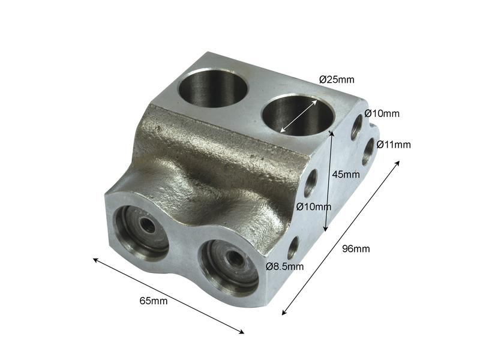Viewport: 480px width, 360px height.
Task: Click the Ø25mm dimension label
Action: pyautogui.click(x=337, y=79)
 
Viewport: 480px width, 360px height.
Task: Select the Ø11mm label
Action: pyautogui.click(x=394, y=144)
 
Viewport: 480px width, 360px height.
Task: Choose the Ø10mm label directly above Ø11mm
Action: pyautogui.click(x=382, y=113)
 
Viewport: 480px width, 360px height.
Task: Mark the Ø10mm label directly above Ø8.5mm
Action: pyautogui.click(x=314, y=207)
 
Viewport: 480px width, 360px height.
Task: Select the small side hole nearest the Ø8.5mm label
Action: pyautogui.click(x=293, y=247)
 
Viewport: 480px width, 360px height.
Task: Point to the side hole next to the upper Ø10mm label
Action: pyautogui.click(x=357, y=127)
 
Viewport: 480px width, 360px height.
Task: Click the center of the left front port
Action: pyautogui.click(x=145, y=226)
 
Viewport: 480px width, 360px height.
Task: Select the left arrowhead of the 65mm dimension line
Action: pyautogui.click(x=95, y=259)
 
